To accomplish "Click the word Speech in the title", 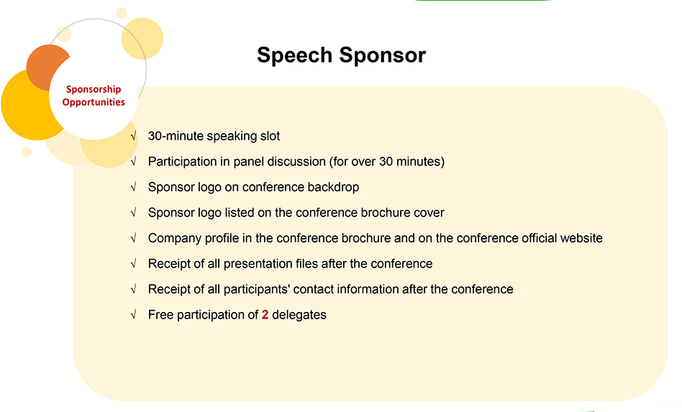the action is point(294,55).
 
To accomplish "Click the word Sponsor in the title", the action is point(382,55).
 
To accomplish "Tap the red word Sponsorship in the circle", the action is point(94,90).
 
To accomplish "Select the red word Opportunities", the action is point(94,102).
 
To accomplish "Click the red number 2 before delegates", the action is point(265,315).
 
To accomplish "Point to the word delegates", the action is point(299,315).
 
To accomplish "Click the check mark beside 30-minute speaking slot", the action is point(134,136).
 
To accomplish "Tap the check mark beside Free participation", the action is point(134,315).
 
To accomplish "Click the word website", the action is point(581,238).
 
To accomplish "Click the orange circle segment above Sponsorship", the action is point(43,65).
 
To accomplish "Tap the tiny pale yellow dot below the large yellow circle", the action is point(26,152).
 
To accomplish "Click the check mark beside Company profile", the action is point(134,238).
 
